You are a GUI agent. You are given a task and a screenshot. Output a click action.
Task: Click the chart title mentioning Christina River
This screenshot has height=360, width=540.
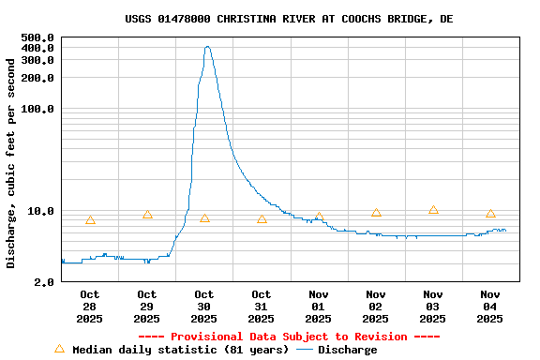click(x=289, y=19)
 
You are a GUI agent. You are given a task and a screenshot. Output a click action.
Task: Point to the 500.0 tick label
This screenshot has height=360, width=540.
click(x=37, y=38)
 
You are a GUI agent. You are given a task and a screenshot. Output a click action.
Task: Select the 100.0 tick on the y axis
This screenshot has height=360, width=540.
click(x=37, y=109)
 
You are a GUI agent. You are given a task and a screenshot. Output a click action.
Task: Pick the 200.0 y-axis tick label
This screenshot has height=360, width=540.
click(x=37, y=78)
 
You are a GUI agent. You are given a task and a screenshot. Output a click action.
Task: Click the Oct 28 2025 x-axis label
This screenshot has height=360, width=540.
click(x=90, y=307)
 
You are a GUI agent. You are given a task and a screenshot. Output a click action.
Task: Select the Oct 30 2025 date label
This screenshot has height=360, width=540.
click(x=204, y=307)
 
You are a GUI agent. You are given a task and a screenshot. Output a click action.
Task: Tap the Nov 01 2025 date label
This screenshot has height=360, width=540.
click(x=319, y=307)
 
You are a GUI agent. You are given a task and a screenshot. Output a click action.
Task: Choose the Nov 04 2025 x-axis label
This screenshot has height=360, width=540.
click(x=490, y=307)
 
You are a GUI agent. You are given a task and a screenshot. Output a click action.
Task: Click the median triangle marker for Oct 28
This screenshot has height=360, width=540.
click(x=90, y=220)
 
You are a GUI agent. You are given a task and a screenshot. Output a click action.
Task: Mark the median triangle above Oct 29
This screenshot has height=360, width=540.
click(x=147, y=215)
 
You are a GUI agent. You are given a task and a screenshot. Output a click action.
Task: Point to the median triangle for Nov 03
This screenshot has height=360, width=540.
click(x=433, y=210)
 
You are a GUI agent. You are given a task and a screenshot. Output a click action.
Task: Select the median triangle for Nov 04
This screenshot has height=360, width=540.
click(x=490, y=214)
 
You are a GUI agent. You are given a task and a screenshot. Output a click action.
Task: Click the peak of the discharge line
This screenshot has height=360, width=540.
click(x=207, y=47)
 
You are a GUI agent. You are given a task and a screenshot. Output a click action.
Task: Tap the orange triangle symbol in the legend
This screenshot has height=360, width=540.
click(x=59, y=349)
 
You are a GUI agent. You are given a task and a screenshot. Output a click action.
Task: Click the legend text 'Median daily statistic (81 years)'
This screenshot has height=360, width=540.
click(x=180, y=350)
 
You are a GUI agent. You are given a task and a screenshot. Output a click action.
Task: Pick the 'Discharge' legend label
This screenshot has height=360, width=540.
click(x=347, y=350)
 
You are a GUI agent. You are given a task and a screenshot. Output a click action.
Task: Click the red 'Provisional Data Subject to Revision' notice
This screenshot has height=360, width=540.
click(x=289, y=337)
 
